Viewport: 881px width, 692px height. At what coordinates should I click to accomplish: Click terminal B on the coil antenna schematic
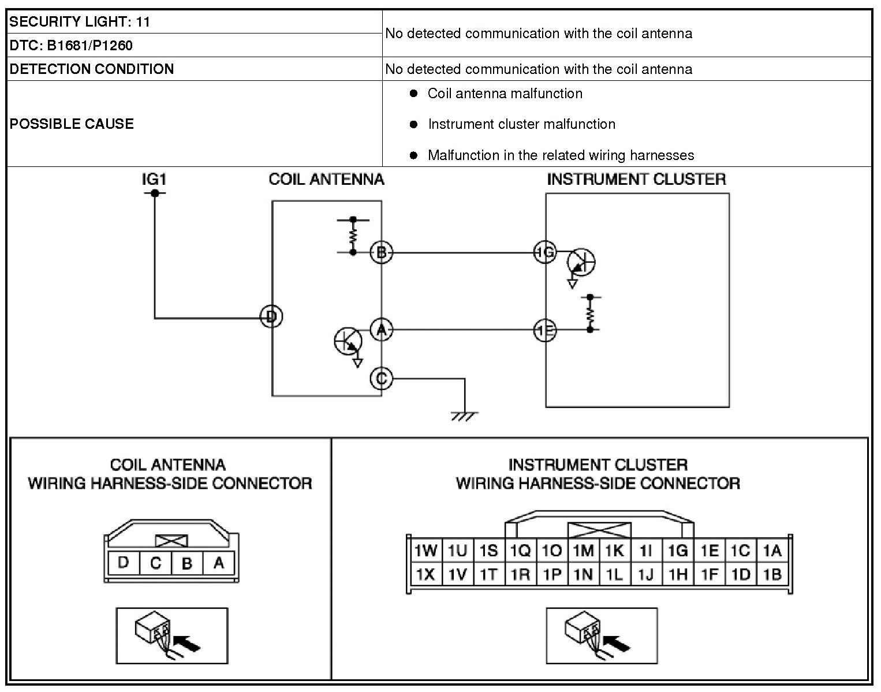pyautogui.click(x=381, y=252)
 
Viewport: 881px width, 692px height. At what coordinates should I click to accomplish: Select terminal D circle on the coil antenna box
pyautogui.click(x=271, y=317)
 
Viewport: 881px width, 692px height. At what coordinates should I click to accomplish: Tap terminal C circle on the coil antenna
pyautogui.click(x=381, y=379)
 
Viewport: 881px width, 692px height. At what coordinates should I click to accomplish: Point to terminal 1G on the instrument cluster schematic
pyautogui.click(x=544, y=252)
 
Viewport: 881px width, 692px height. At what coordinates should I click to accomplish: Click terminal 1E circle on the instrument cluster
pyautogui.click(x=544, y=331)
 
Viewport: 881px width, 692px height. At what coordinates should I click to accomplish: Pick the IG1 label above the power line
pyautogui.click(x=154, y=180)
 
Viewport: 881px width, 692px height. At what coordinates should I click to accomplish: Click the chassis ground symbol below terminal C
pyautogui.click(x=464, y=415)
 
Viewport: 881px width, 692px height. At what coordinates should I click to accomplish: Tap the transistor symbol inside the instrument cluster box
pyautogui.click(x=581, y=263)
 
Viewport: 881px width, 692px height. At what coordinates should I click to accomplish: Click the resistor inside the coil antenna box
pyautogui.click(x=353, y=236)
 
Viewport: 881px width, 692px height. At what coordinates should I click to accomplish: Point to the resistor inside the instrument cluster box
pyautogui.click(x=589, y=313)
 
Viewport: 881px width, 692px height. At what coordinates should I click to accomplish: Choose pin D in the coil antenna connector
pyautogui.click(x=123, y=563)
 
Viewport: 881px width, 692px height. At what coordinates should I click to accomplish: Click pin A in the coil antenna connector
pyautogui.click(x=218, y=563)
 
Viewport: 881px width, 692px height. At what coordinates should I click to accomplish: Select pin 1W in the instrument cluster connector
pyautogui.click(x=425, y=550)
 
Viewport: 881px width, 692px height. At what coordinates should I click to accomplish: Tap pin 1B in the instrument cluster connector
pyautogui.click(x=772, y=575)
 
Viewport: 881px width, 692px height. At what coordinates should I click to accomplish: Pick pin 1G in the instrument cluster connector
pyautogui.click(x=678, y=550)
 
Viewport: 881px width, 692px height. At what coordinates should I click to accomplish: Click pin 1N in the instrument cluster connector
pyautogui.click(x=583, y=575)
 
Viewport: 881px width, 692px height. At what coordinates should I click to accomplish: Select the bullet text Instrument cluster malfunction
pyautogui.click(x=521, y=124)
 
